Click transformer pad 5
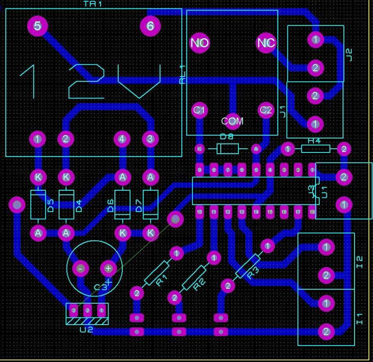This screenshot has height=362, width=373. (x=38, y=26)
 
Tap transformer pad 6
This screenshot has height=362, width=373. (x=150, y=26)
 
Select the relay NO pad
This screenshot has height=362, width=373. (x=199, y=43)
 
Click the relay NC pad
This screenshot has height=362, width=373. (x=266, y=43)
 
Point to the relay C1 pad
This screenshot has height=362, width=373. (x=199, y=110)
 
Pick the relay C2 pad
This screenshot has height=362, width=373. (x=266, y=110)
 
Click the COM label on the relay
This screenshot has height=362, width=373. (x=232, y=121)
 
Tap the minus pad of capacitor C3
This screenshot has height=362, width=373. (x=80, y=268)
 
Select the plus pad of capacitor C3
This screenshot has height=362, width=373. (x=108, y=268)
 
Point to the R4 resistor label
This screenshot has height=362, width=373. (x=314, y=140)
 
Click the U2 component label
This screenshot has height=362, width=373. (x=86, y=330)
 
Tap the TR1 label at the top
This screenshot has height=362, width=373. (x=93, y=4)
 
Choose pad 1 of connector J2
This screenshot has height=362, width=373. (x=315, y=40)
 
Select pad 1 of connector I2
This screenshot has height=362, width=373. (x=326, y=247)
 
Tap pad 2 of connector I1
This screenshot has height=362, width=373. (x=326, y=332)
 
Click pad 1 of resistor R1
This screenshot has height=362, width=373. (x=176, y=253)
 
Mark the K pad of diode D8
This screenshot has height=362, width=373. (x=199, y=149)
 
